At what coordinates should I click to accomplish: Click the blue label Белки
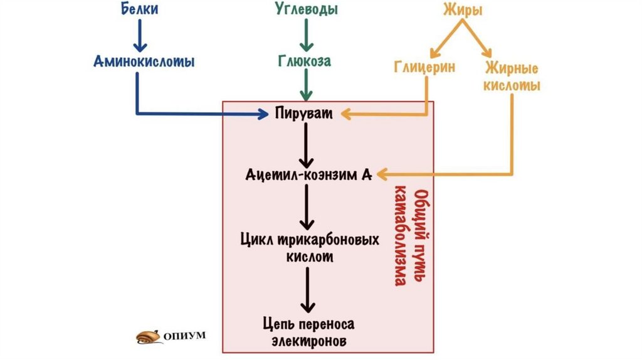pos(140,10)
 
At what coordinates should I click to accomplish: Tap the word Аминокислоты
pos(144,61)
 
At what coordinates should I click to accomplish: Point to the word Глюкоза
pos(305,61)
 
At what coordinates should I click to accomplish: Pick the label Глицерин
pos(424,67)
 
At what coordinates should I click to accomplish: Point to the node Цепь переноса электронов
pos(309,332)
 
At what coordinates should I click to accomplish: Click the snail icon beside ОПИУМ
pos(149,336)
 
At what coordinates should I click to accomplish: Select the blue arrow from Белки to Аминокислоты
pos(140,36)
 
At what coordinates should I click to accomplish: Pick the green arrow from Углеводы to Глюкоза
pos(306,36)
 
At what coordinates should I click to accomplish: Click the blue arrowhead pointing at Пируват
pos(262,114)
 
